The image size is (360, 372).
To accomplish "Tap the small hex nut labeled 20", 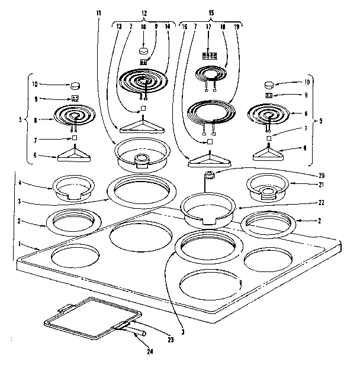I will [x=209, y=174].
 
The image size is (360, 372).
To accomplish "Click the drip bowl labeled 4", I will [x=74, y=187].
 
